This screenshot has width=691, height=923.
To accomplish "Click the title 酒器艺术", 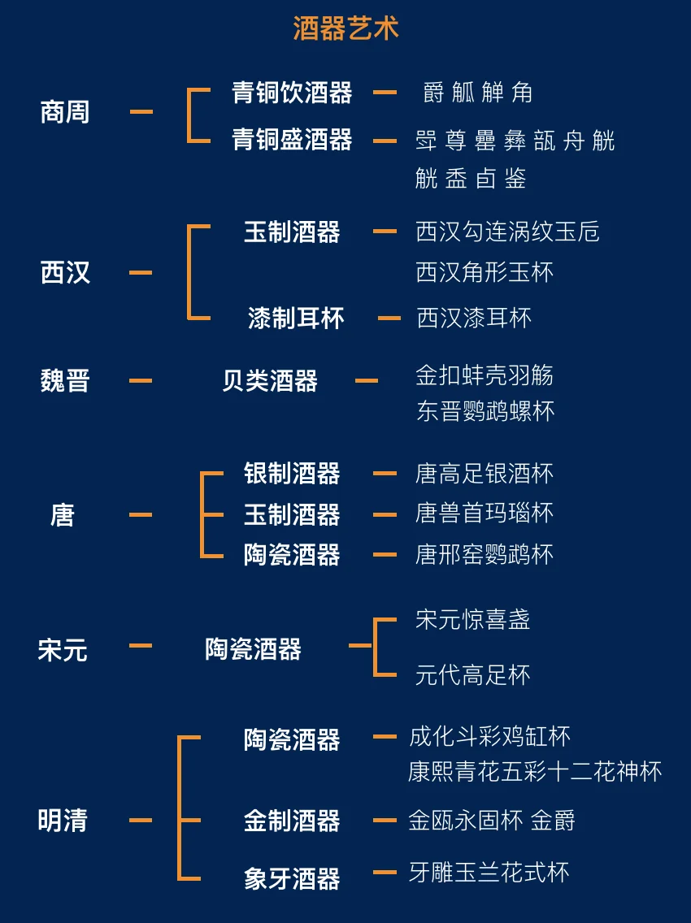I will (345, 29).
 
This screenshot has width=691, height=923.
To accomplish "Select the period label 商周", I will (65, 112).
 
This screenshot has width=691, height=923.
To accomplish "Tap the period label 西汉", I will (65, 272).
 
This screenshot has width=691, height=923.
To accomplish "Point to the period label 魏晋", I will (65, 380).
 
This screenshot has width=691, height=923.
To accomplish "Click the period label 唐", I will (63, 514).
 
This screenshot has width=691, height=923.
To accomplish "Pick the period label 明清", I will (63, 821).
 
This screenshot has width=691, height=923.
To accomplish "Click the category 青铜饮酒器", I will (292, 93).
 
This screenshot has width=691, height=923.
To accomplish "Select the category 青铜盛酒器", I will (292, 140).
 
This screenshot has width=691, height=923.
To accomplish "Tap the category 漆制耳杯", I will (296, 318).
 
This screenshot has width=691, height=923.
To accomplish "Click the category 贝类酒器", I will (270, 380).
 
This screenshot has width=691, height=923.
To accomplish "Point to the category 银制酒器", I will (292, 473).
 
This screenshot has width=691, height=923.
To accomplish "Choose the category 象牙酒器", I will (292, 878).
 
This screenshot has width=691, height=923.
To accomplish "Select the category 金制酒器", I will (292, 821).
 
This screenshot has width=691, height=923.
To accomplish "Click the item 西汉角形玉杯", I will (485, 272).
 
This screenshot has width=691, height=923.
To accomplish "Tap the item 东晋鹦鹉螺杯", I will (485, 411).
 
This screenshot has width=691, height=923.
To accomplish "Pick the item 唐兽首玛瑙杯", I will (485, 513).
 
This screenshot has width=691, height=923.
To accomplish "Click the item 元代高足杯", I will (472, 674).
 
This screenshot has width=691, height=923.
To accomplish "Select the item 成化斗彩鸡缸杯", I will (489, 737).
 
